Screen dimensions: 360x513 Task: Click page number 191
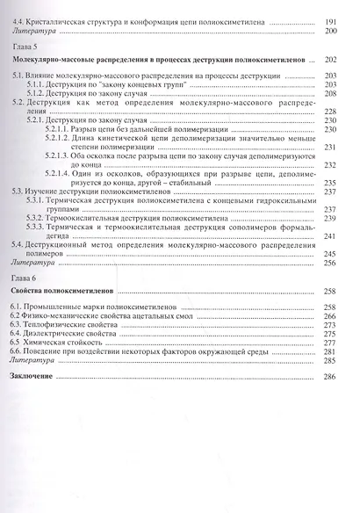click(330, 20)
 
